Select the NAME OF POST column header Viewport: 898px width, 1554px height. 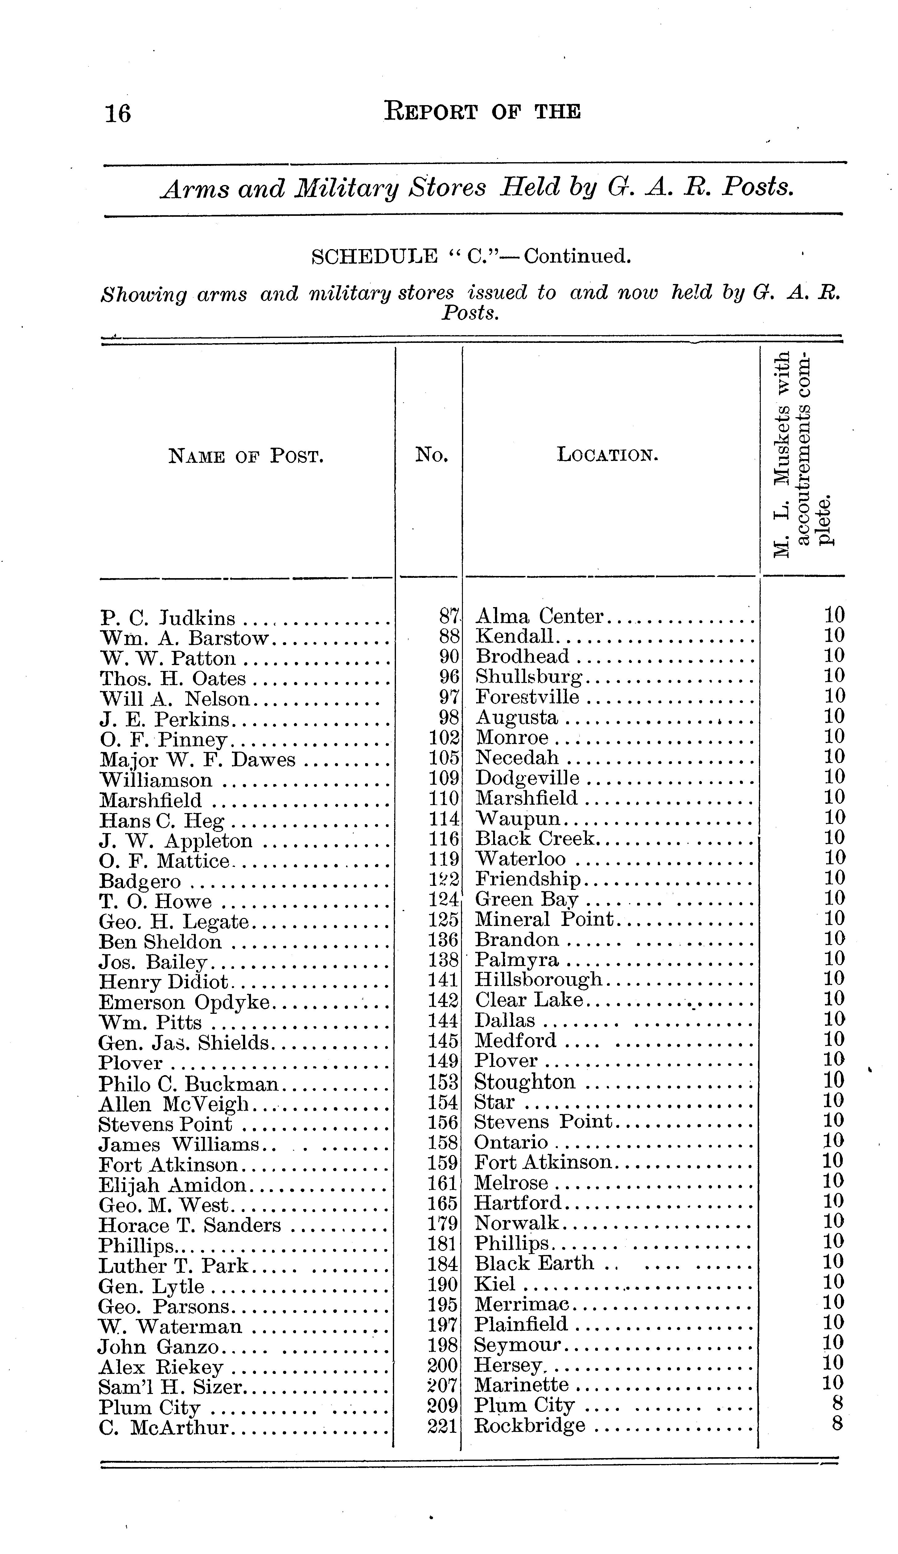coord(245,456)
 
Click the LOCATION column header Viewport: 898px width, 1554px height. coord(608,455)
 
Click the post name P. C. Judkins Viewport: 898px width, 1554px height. coord(168,617)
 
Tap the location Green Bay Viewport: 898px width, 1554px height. coord(526,900)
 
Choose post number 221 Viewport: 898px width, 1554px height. coord(442,1426)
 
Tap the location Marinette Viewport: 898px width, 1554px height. coord(521,1386)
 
